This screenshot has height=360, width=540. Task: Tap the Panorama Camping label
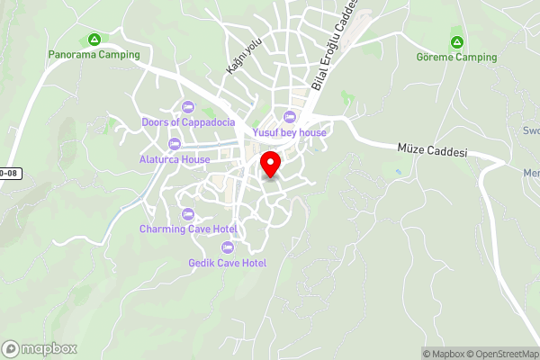[x=94, y=54]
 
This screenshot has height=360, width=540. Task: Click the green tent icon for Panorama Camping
[x=94, y=39]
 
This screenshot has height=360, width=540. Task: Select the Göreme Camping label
[x=456, y=57]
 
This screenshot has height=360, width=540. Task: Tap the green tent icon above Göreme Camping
[x=456, y=41]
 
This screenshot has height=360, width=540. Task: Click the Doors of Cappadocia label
[x=188, y=122]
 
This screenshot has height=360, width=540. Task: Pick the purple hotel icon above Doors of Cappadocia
[x=188, y=107]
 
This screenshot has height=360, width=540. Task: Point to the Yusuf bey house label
[x=289, y=132]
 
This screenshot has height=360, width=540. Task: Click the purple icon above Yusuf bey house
[x=289, y=117]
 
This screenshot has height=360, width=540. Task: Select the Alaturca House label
[x=175, y=159]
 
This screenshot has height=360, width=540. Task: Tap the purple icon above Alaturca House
[x=175, y=144]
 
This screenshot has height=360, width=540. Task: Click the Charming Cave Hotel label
[x=187, y=229]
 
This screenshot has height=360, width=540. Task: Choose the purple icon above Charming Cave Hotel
[x=187, y=213]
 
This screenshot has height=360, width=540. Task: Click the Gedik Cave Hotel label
[x=227, y=262]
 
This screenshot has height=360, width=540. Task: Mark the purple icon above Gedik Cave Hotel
[x=227, y=247]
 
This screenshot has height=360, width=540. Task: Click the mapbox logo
[x=40, y=348]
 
